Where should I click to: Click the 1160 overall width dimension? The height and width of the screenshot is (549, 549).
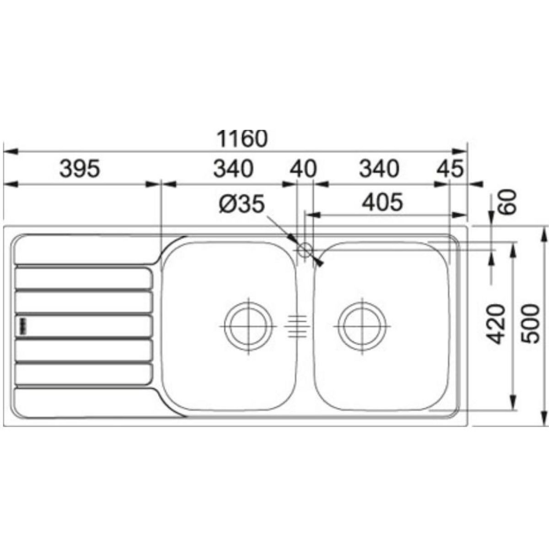[x=242, y=139]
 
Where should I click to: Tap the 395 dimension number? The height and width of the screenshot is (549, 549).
[x=80, y=169]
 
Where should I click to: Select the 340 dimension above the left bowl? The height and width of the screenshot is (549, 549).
[x=233, y=169]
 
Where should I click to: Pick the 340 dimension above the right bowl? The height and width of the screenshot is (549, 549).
[x=379, y=169]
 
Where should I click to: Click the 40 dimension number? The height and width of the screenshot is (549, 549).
[x=303, y=169]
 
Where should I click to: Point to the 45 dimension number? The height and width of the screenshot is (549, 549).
[x=450, y=169]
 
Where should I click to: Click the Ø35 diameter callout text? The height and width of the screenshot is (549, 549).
[x=242, y=204]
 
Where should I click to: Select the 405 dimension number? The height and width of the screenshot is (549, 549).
[x=382, y=202]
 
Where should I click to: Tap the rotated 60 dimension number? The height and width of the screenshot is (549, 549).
[x=508, y=202]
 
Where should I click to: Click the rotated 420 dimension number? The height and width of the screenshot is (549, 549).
[x=495, y=324]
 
